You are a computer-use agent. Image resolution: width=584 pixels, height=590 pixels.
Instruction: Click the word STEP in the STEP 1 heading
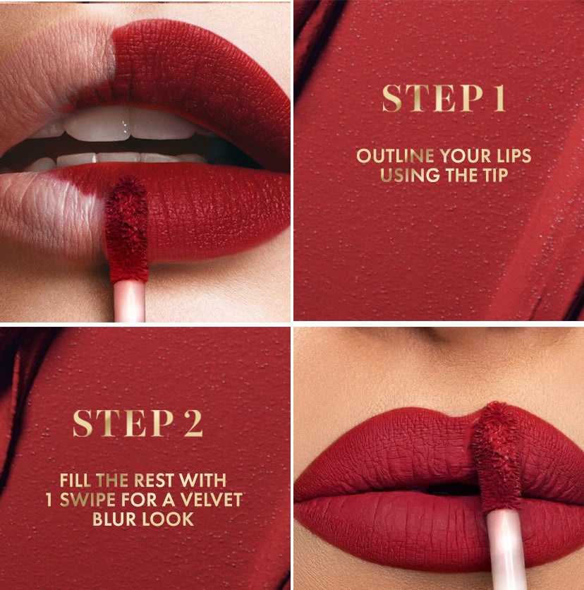coord(432,98)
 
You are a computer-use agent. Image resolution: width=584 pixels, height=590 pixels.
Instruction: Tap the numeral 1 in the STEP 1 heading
coord(499,98)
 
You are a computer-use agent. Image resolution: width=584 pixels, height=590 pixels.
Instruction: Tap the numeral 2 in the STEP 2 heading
coord(193,423)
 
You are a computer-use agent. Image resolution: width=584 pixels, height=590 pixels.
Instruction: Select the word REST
coord(154,480)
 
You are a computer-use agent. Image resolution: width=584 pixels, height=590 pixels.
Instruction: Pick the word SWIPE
coord(87,500)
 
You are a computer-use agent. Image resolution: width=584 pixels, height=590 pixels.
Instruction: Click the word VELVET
coord(211,500)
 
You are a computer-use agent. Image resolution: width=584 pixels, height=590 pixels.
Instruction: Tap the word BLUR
coord(114,519)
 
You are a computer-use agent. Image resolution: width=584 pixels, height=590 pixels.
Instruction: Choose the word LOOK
coord(168,519)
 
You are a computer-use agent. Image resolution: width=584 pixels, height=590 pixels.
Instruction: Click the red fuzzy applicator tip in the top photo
coord(126,229)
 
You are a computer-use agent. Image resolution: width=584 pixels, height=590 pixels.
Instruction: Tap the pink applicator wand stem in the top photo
coord(129,301)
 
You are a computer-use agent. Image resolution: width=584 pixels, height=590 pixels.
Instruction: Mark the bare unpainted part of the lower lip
coord(49,215)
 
